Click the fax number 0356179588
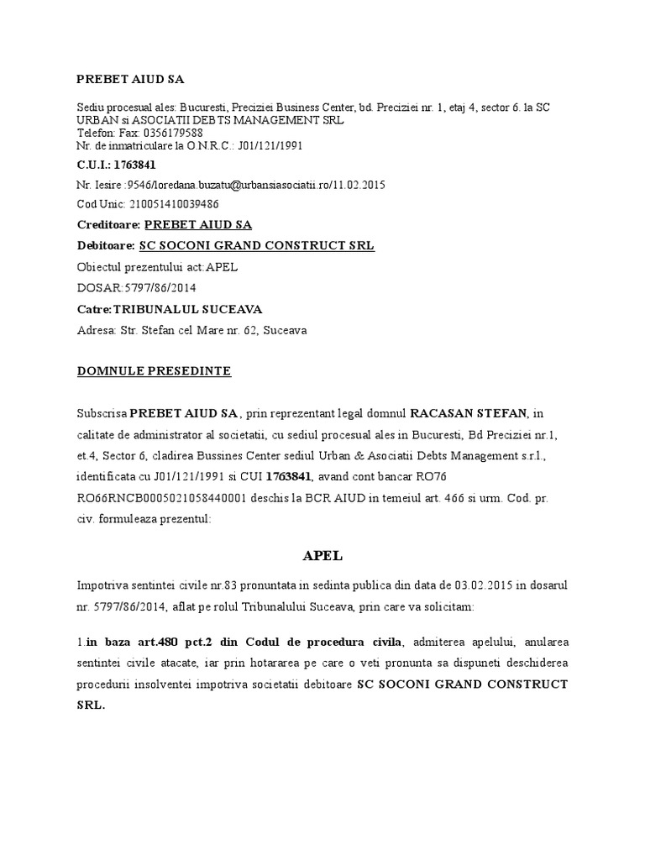click(x=174, y=133)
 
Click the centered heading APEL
click(x=322, y=556)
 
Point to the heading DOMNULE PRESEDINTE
click(x=154, y=370)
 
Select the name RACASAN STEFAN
click(x=468, y=413)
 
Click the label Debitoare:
click(x=106, y=246)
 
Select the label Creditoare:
click(x=108, y=225)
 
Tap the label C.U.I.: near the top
click(x=95, y=164)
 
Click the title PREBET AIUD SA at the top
click(x=129, y=79)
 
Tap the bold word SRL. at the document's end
click(x=91, y=706)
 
